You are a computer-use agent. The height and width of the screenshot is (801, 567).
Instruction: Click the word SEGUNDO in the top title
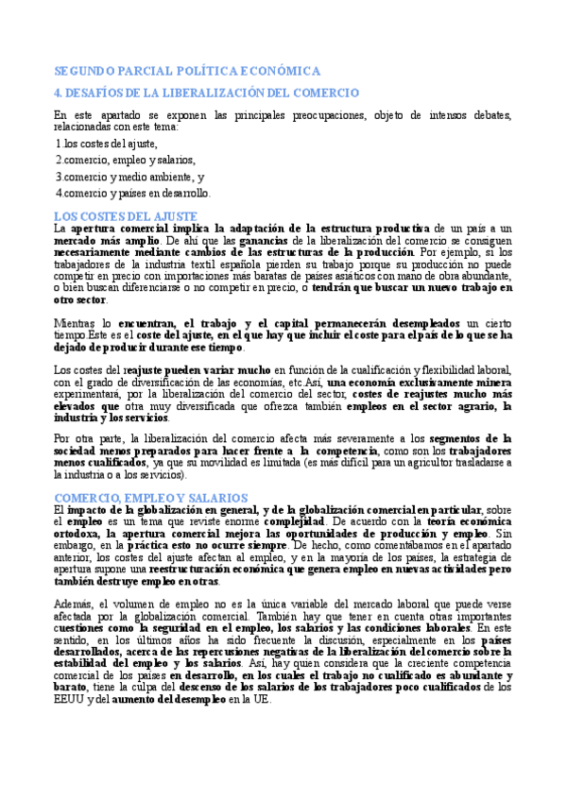[x=87, y=71]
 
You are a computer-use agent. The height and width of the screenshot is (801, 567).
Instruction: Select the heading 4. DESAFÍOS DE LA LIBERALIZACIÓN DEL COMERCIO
[x=206, y=93]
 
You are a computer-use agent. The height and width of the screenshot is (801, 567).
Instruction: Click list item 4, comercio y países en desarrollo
[x=133, y=193]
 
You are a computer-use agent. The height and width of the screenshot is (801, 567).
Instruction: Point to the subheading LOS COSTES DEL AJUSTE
[x=125, y=216]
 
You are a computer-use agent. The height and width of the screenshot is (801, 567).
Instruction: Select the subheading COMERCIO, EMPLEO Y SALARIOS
[x=151, y=497]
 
